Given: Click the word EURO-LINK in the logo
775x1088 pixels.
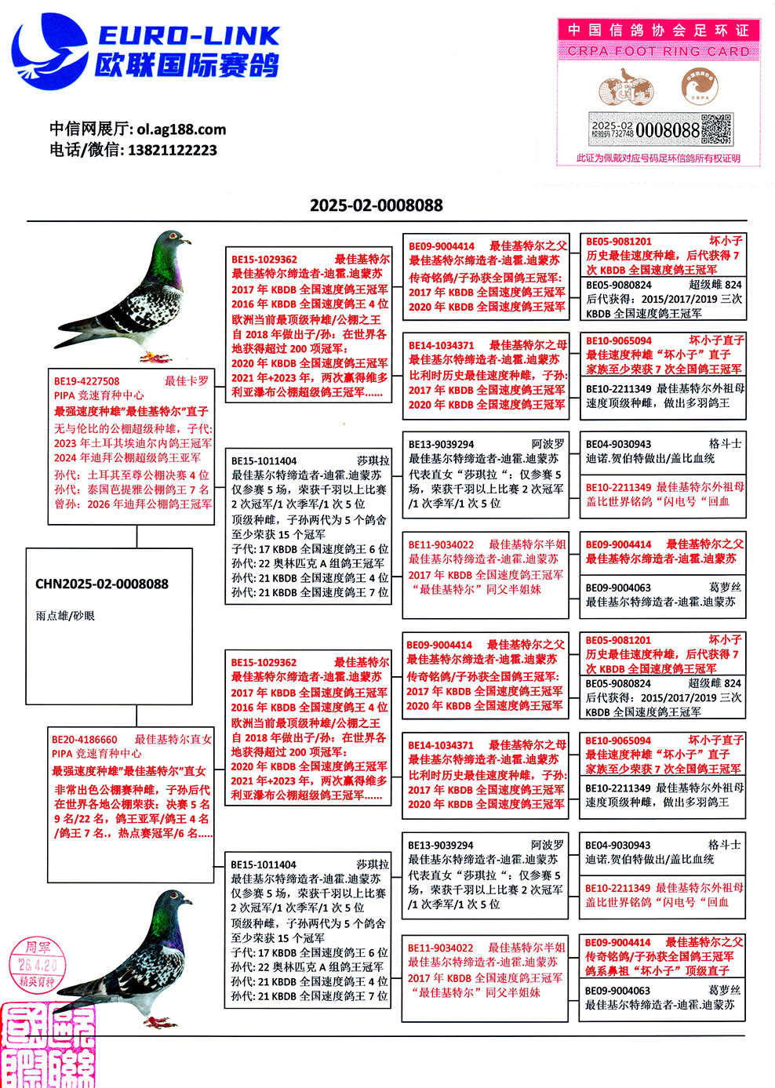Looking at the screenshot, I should (188, 35).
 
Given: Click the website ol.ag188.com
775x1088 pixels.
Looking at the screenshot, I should (181, 129).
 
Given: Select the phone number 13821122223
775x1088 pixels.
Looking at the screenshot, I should (172, 150).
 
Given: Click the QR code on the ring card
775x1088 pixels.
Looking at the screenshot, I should (715, 129).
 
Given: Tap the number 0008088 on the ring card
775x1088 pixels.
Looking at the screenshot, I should (667, 129).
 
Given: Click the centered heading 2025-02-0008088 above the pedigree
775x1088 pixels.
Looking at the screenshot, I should (376, 206).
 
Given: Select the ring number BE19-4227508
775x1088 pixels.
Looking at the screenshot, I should (87, 381).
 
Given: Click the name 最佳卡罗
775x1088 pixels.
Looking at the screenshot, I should (187, 381).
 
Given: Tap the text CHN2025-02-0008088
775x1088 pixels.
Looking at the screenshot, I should (102, 584).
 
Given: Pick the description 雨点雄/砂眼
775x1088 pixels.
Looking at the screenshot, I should (65, 616).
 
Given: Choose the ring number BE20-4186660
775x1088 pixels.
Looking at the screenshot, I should (85, 739).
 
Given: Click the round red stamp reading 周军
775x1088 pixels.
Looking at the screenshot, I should (38, 964).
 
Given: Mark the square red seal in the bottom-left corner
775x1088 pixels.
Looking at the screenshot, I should (47, 1046).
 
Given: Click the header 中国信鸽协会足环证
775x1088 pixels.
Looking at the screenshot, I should (658, 30).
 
